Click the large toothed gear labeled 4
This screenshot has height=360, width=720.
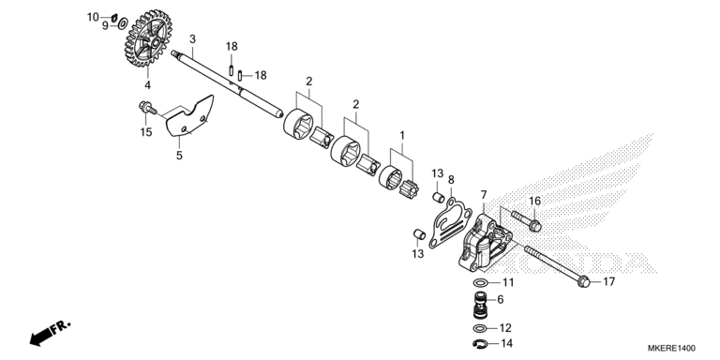click(146, 41)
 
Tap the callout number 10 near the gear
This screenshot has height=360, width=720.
click(93, 17)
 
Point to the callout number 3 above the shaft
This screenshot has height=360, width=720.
click(192, 39)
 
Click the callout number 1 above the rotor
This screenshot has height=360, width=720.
click(402, 136)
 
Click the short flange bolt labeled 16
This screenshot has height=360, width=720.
click(532, 223)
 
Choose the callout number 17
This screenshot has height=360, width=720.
click(608, 281)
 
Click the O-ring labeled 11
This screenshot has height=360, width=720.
click(480, 282)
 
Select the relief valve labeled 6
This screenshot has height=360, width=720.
click(481, 305)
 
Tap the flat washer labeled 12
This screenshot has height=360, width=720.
click(480, 329)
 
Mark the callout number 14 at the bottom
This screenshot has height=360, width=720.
click(507, 344)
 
